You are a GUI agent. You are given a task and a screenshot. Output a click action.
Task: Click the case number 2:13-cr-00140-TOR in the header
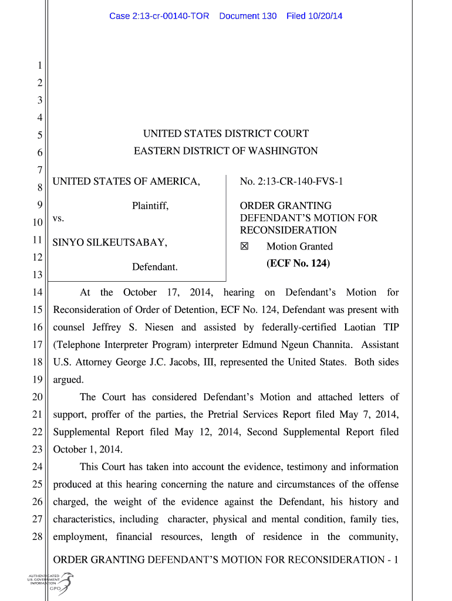coord(159,16)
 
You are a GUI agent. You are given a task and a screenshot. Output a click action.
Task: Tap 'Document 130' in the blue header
coord(248,16)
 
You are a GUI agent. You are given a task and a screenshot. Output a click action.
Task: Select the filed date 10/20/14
coord(314,16)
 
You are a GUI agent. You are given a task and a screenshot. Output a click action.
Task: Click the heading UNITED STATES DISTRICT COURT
coord(226,134)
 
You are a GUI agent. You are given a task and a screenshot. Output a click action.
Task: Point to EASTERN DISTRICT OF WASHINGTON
coord(226,151)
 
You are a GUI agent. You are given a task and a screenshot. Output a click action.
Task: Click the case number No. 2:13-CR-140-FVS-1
coord(291,182)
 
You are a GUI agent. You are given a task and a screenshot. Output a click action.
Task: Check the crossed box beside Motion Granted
coord(245,247)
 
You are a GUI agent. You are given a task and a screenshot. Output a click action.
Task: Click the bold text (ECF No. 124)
coord(298,264)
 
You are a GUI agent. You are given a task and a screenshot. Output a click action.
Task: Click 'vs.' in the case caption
coord(59,218)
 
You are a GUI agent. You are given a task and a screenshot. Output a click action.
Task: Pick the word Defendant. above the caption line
coord(155,267)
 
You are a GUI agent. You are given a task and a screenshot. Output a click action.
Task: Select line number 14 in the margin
coord(36,293)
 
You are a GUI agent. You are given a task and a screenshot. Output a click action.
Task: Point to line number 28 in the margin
coord(36,538)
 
